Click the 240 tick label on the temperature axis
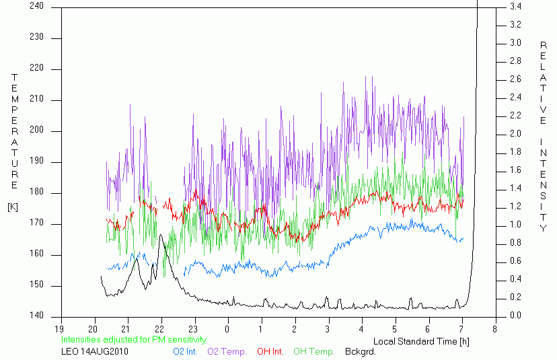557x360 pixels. point(36,6)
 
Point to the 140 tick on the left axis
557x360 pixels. point(36,316)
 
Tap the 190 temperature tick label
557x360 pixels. point(36,161)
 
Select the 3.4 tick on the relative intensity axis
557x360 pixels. point(515,6)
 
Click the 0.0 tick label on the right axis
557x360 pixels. point(515,316)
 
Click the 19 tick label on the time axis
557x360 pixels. point(60,329)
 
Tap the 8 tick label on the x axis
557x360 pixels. point(494,329)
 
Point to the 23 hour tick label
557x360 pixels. point(193,329)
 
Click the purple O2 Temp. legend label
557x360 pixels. point(227,351)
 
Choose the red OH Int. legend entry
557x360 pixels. point(270,351)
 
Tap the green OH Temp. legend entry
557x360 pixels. point(313,351)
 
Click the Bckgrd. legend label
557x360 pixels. point(360,351)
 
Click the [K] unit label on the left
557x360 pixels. point(12,207)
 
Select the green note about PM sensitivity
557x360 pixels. point(134,340)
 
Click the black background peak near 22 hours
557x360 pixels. point(161,236)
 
